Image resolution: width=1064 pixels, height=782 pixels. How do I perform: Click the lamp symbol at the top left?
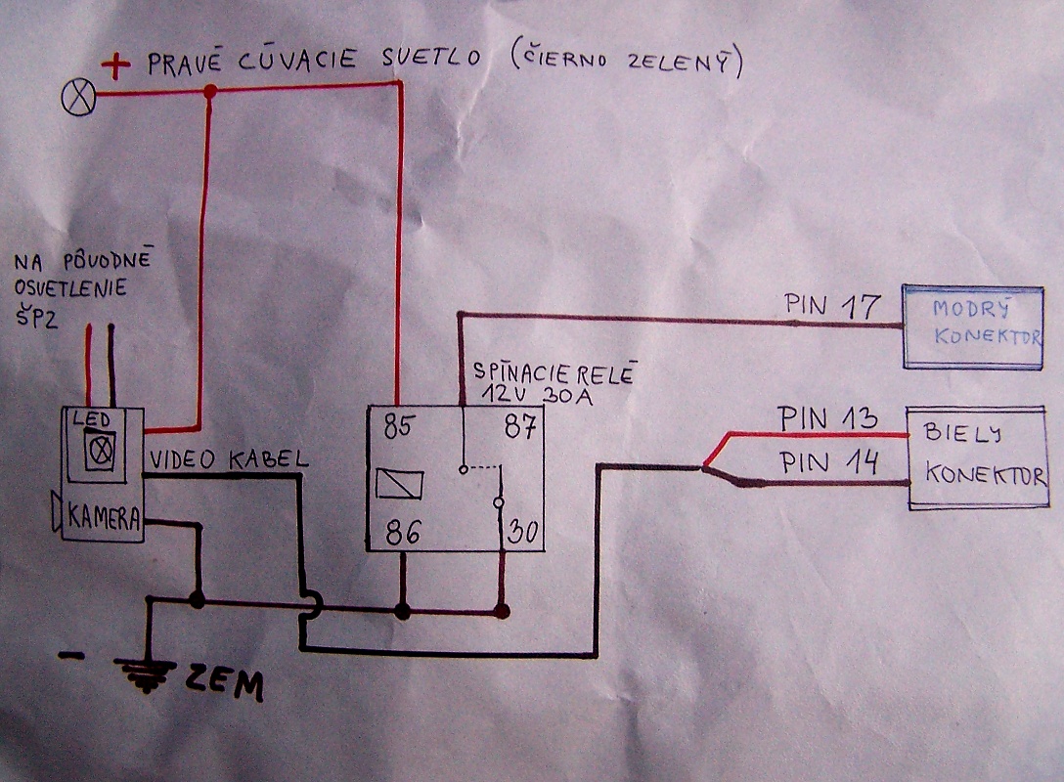(77, 96)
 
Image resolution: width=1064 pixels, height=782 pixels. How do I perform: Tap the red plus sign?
(117, 66)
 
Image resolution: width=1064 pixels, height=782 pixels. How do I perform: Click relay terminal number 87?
(519, 427)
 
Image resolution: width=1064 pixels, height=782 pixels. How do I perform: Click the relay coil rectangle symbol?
(400, 483)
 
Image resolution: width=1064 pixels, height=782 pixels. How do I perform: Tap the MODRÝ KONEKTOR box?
(972, 326)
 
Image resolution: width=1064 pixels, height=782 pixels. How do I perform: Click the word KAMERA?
(103, 517)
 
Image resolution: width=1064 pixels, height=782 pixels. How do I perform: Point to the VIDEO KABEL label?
(229, 459)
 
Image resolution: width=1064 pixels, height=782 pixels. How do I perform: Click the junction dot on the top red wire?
(209, 91)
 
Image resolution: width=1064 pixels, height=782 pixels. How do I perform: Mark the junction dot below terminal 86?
(401, 611)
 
